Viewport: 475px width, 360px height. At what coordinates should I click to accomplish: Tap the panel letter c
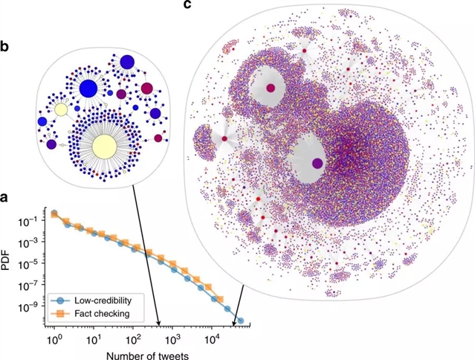[x=187, y=6]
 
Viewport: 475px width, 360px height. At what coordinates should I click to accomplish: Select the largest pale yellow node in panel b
[x=104, y=145]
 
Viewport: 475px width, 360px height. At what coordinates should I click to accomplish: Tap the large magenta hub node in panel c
[x=270, y=88]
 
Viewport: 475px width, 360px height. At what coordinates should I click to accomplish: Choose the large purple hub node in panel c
[x=317, y=163]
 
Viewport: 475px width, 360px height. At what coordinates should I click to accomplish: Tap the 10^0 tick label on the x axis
[x=53, y=338]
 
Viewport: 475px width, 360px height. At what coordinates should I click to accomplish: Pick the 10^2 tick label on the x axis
[x=132, y=338]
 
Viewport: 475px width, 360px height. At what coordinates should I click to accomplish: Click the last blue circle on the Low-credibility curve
[x=239, y=321]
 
